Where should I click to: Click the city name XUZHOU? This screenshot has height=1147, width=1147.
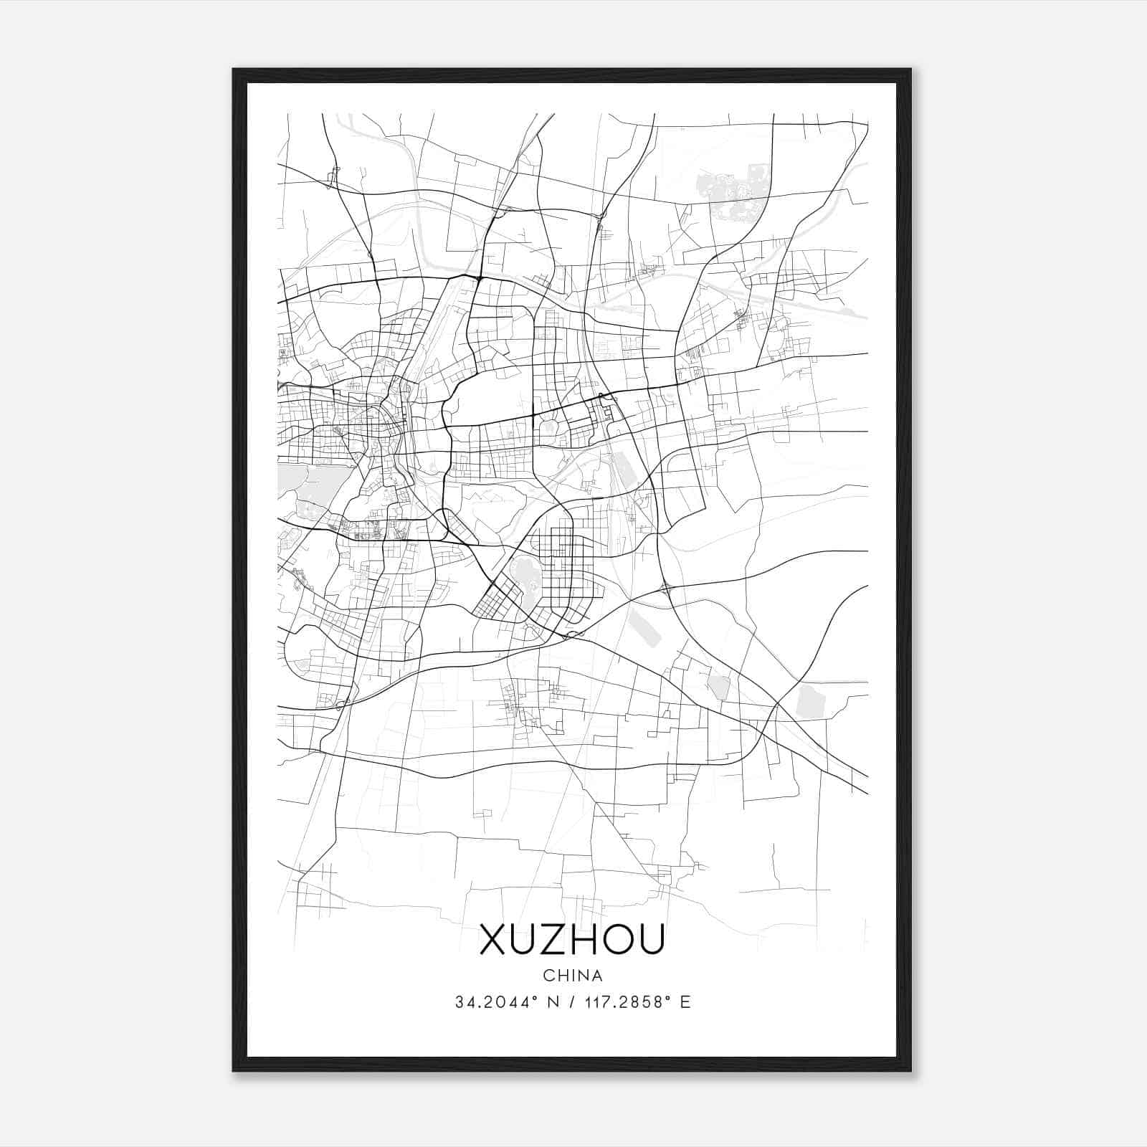572,939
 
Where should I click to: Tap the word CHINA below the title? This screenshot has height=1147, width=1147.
573,976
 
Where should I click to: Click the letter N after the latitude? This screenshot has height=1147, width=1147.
552,1002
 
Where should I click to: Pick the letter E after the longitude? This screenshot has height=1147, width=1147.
685,1002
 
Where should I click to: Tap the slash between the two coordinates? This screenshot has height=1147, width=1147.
572,1002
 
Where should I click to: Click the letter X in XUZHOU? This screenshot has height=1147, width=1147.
494,939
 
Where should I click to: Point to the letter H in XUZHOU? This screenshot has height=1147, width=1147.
587,939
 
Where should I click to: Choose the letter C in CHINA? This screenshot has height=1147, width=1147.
548,976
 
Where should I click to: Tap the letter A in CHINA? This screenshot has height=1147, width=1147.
597,976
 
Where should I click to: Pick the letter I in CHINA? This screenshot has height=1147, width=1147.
573,976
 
